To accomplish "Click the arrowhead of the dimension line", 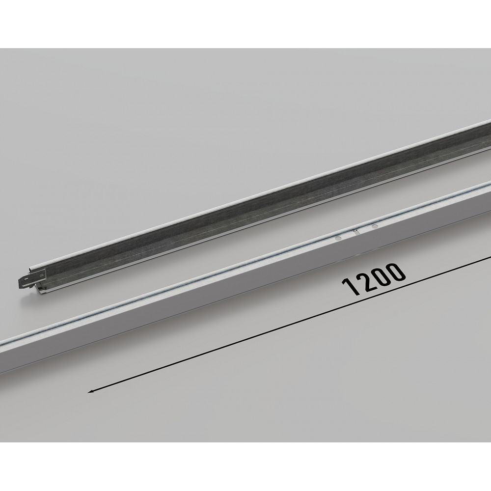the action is point(90,391).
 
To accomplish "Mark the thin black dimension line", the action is point(289,324).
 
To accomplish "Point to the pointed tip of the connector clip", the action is point(19,281).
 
